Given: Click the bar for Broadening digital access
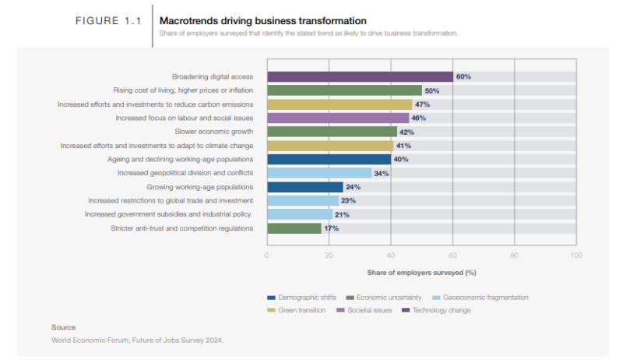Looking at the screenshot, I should click(x=360, y=76).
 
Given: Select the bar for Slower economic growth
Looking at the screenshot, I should click(x=332, y=132).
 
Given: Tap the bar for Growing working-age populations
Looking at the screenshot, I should click(x=304, y=187).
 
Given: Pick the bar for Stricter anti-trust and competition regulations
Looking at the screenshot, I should click(x=294, y=228).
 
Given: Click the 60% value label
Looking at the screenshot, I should click(x=463, y=76).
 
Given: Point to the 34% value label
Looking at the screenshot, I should click(x=382, y=173).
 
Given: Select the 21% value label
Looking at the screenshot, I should click(x=341, y=214).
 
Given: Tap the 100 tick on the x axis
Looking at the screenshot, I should click(x=575, y=255).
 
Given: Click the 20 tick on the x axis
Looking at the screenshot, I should click(x=329, y=255).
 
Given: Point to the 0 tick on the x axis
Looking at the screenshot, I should click(x=267, y=255).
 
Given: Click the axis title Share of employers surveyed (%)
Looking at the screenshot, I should click(x=421, y=273).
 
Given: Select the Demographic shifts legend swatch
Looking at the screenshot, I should click(x=271, y=298).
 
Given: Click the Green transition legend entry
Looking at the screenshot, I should click(x=299, y=310).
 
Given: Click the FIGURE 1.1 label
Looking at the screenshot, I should click(x=107, y=20).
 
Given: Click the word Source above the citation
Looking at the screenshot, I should click(x=63, y=327).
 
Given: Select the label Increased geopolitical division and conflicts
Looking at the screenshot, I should click(x=185, y=173).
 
